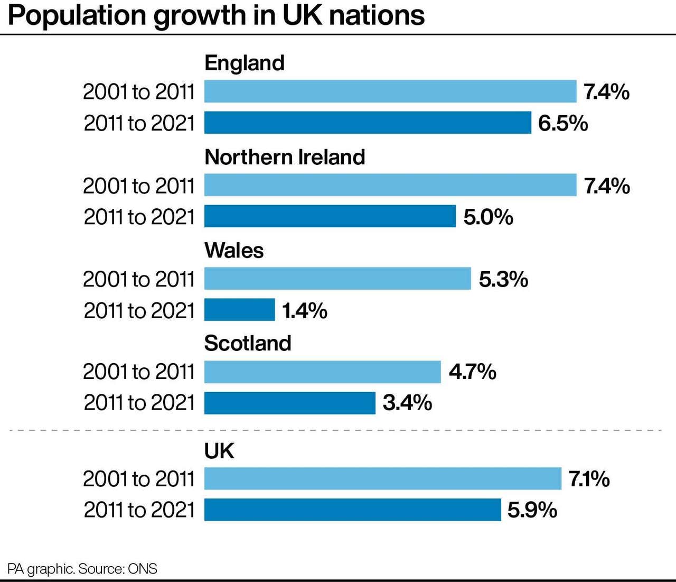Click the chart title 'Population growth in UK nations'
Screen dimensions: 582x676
(217, 16)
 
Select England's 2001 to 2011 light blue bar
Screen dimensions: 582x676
(390, 91)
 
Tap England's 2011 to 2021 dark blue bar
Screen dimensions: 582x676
(368, 123)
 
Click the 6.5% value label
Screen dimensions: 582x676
(563, 123)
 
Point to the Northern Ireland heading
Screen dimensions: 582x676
(285, 157)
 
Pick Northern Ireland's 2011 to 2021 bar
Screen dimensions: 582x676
(330, 216)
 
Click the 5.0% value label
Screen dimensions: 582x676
(488, 217)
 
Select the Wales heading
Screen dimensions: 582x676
(234, 250)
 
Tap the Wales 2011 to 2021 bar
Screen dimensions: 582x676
(240, 310)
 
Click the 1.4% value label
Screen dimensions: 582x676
(305, 310)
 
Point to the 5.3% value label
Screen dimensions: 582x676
(503, 279)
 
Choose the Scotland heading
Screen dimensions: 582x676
(248, 343)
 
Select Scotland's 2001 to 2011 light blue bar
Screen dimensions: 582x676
(322, 372)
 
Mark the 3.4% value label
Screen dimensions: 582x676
(407, 403)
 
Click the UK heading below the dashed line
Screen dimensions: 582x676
(219, 451)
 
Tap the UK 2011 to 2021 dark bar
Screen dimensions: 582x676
(352, 510)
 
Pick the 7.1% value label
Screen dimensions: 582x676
(589, 479)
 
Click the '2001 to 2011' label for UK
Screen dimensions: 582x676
(139, 479)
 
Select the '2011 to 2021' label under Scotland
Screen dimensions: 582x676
(139, 403)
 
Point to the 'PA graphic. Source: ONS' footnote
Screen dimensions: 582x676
(82, 569)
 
